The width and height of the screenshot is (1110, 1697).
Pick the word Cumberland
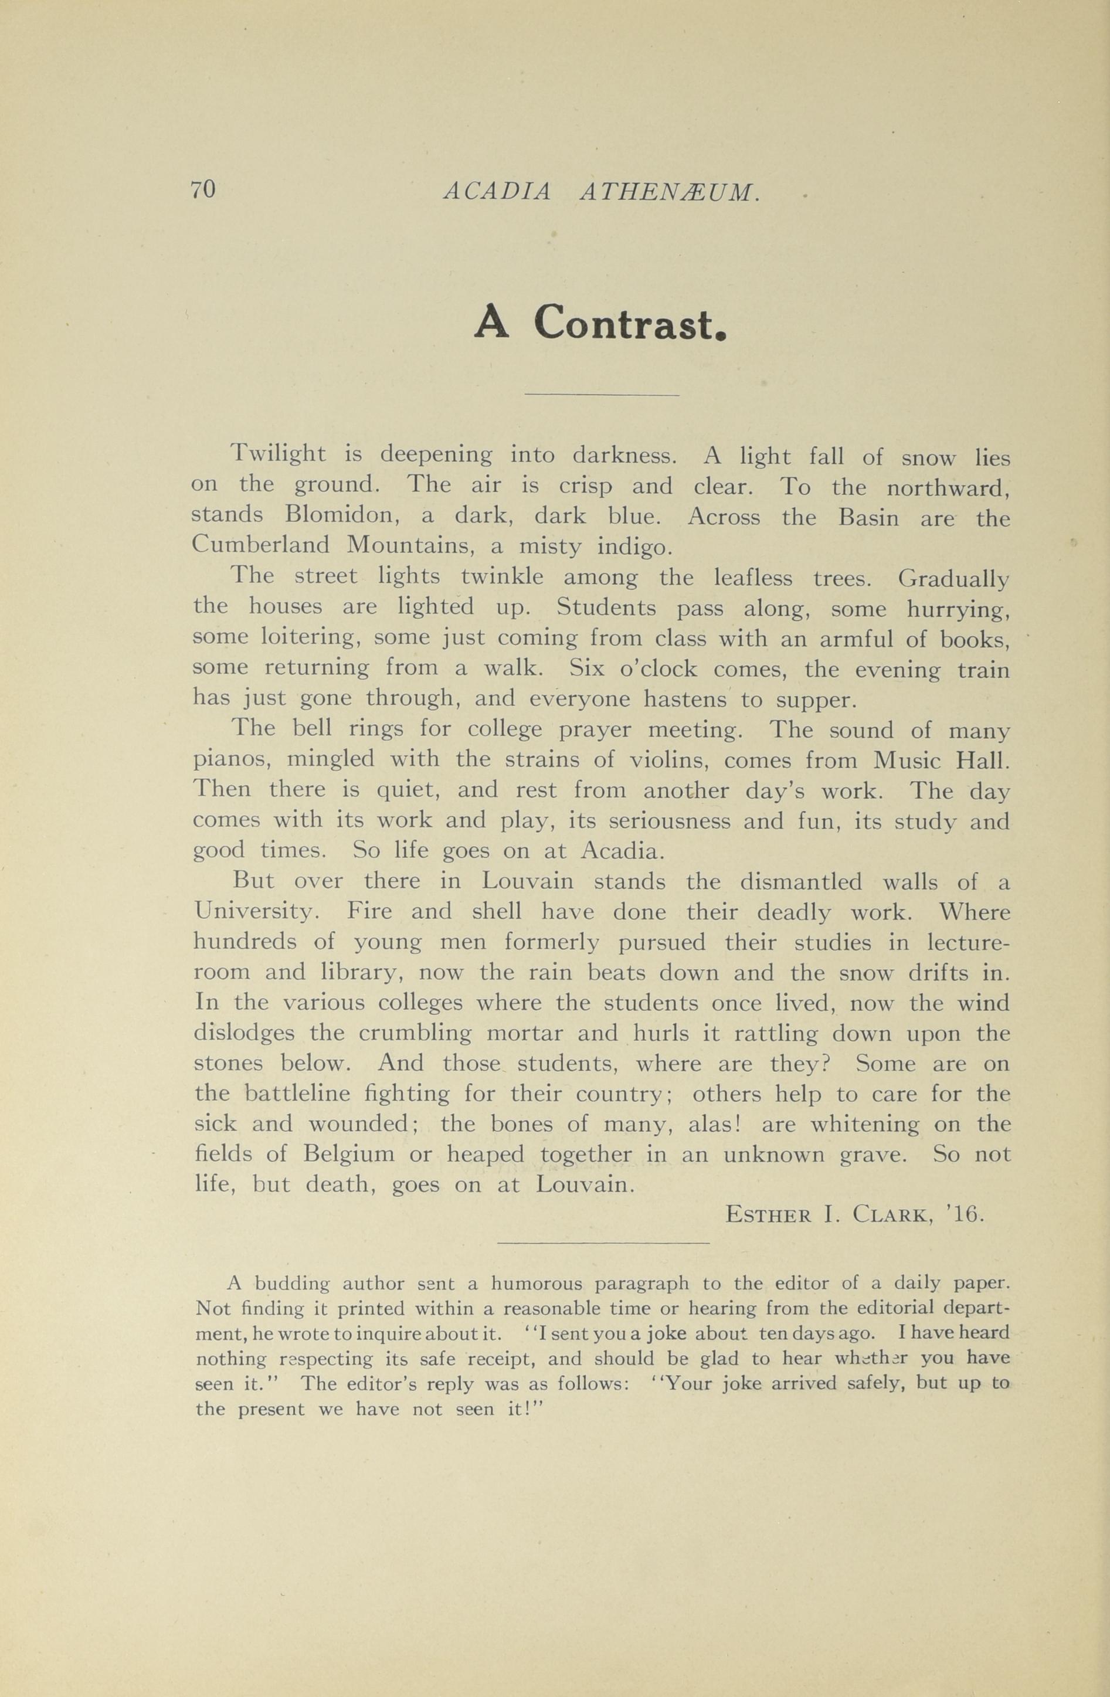pyautogui.click(x=260, y=545)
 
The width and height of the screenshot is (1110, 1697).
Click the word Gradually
pyautogui.click(x=953, y=578)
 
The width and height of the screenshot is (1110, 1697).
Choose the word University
pyautogui.click(x=254, y=912)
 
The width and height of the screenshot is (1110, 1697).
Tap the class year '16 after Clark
pyautogui.click(x=968, y=1214)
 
